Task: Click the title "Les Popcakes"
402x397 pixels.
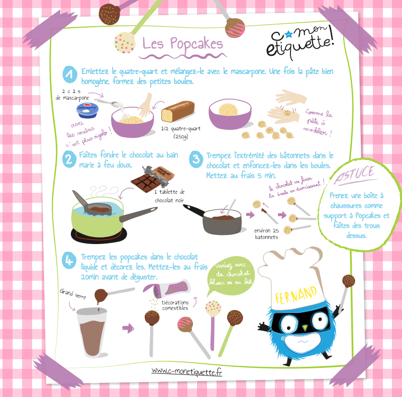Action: point(183,44)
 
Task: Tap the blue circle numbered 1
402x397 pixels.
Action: point(70,74)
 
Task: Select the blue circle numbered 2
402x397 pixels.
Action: point(69,159)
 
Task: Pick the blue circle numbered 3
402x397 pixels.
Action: point(196,159)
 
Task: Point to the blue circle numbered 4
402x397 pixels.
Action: point(69,260)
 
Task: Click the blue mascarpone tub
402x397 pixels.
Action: point(87,110)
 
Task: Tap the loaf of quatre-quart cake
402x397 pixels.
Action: point(177,111)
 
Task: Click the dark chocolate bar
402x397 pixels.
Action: point(153,179)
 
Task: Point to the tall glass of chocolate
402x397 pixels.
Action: point(92,333)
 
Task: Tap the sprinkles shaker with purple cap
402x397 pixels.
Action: point(167,289)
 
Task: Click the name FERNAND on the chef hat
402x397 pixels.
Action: point(295,295)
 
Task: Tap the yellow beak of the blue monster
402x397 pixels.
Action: point(305,328)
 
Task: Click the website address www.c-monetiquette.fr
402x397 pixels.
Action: point(186,371)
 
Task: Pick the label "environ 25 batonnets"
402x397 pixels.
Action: point(266,233)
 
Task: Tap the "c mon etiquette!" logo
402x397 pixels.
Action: point(300,41)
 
